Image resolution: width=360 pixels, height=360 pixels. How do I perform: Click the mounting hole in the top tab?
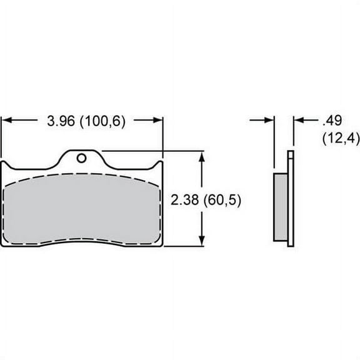point(81,157)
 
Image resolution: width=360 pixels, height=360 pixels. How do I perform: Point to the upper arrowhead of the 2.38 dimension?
point(201,156)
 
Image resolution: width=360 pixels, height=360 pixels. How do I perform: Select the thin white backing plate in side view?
point(290,200)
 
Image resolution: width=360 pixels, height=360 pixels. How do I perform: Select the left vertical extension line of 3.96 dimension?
point(2,141)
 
